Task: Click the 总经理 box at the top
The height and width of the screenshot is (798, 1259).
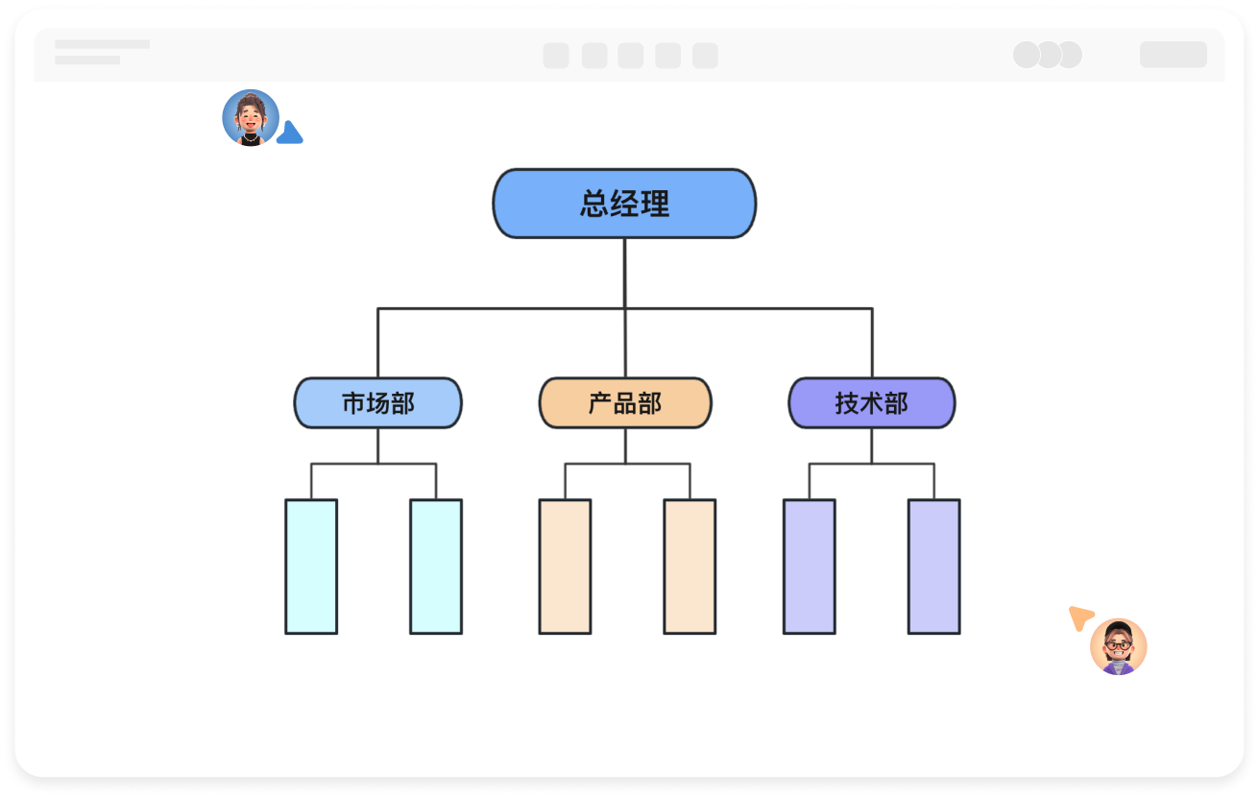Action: (x=624, y=204)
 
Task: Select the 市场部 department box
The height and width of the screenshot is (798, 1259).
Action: (x=377, y=402)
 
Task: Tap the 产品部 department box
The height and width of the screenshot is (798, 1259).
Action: (x=625, y=402)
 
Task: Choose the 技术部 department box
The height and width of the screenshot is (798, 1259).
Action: (x=871, y=402)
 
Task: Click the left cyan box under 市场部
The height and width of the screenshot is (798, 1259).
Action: (x=311, y=567)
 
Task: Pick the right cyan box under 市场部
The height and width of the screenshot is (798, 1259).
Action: (x=436, y=567)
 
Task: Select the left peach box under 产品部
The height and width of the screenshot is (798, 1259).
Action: (x=565, y=567)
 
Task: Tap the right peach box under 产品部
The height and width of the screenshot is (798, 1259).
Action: (x=690, y=567)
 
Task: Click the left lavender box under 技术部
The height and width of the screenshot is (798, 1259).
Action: (x=809, y=567)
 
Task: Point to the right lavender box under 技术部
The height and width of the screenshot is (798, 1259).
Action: (x=933, y=567)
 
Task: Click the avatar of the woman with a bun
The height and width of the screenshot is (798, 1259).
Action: (x=251, y=118)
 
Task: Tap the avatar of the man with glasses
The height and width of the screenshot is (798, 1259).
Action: (x=1118, y=646)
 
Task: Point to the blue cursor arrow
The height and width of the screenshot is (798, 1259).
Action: (x=290, y=134)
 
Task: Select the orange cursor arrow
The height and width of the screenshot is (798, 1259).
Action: (x=1080, y=617)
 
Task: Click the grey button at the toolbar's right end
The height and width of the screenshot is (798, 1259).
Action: (x=1173, y=55)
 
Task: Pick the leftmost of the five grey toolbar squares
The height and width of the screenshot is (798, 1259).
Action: (x=556, y=56)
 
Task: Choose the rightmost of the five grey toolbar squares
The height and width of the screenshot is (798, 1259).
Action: (x=705, y=56)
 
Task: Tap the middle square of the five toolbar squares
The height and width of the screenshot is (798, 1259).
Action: (x=630, y=56)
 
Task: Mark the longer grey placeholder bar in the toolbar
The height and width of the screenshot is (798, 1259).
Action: (x=102, y=44)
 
